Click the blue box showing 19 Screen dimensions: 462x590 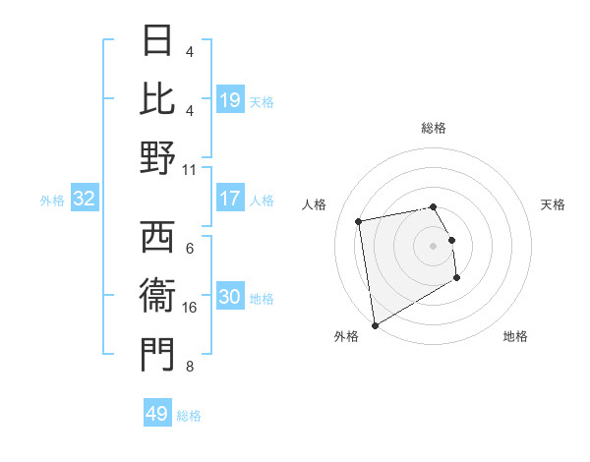[229, 100]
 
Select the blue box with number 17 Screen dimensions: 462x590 [229, 199]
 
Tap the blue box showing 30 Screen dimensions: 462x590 [229, 298]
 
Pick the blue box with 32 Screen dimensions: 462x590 [85, 200]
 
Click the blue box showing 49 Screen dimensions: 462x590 [157, 414]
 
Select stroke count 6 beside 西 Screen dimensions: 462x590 [190, 249]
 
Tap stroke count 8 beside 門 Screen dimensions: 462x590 [190, 368]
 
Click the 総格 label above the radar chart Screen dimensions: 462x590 [434, 128]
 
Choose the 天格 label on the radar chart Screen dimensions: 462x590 [553, 204]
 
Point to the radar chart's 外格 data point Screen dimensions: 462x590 [375, 324]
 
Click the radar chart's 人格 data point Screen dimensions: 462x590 [359, 221]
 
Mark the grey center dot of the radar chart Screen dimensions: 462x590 [434, 246]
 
